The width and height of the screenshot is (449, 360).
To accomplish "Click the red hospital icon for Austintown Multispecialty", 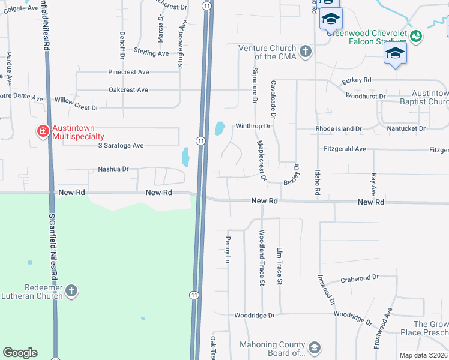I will tap(43, 131).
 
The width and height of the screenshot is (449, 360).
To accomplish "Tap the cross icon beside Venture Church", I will tap(306, 51).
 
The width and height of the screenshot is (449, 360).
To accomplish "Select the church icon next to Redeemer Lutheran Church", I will tap(71, 292).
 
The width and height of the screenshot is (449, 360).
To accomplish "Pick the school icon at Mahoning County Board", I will tap(314, 348).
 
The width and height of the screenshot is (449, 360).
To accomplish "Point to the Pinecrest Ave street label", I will tap(128, 72).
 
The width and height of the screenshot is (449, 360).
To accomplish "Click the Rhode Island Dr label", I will tap(339, 129).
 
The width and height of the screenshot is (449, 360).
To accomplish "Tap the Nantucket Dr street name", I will tap(405, 128).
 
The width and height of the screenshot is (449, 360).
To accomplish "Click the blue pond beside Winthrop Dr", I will tap(220, 128).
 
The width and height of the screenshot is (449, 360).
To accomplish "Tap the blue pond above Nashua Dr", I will tap(185, 157).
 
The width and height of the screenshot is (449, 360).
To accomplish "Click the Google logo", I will tap(20, 353).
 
